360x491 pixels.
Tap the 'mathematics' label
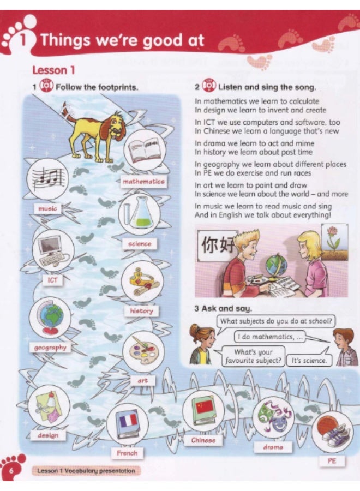click(143, 181)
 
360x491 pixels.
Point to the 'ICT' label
click(53, 279)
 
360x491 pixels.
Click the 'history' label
click(141, 311)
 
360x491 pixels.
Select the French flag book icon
click(127, 424)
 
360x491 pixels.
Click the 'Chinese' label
click(203, 440)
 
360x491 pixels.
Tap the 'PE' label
click(332, 461)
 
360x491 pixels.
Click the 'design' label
click(48, 435)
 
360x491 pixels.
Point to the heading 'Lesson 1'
click(53, 70)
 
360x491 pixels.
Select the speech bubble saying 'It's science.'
click(309, 361)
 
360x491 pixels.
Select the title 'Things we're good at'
click(122, 40)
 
